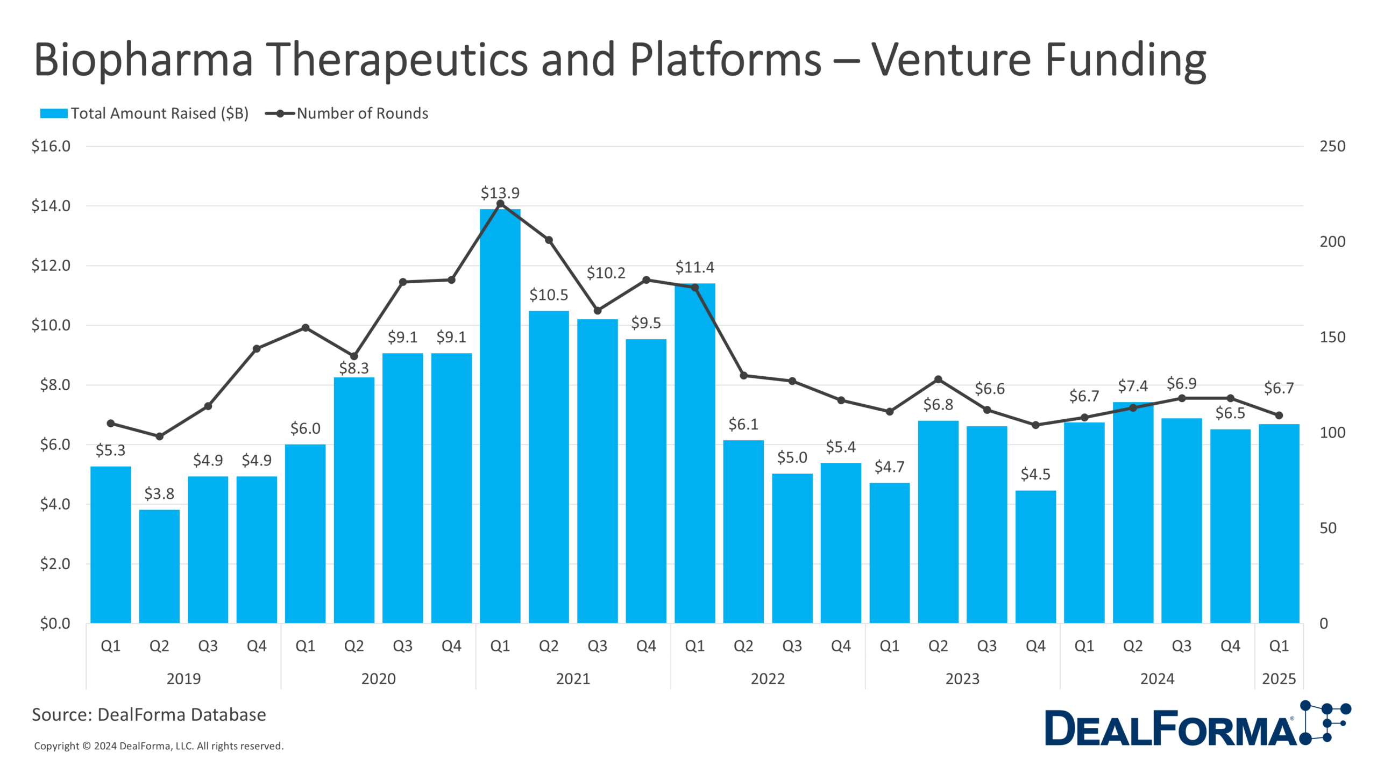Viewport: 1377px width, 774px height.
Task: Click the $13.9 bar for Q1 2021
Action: point(500,419)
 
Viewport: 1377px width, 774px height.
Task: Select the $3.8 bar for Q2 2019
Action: point(159,567)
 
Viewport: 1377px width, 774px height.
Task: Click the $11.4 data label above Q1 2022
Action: point(694,267)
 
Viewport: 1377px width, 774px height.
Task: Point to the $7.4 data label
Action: point(1132,386)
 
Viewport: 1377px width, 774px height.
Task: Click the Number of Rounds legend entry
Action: point(362,113)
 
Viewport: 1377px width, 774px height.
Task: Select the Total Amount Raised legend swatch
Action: point(54,113)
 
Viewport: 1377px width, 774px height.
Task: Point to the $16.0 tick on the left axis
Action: point(51,146)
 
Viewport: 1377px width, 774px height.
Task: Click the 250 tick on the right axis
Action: point(1332,146)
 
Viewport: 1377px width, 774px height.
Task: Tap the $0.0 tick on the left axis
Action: point(55,623)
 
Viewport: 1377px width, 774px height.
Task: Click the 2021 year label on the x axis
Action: point(573,678)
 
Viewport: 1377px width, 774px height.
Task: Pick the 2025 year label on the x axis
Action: point(1279,678)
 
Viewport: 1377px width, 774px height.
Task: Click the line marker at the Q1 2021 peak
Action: point(500,204)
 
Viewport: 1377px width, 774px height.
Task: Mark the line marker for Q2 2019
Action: point(159,436)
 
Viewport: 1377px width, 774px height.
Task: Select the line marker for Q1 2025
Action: point(1279,415)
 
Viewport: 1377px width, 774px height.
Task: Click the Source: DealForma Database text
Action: point(149,714)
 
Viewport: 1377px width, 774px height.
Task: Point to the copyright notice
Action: point(159,746)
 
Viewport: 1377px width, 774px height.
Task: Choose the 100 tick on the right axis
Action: point(1332,433)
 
